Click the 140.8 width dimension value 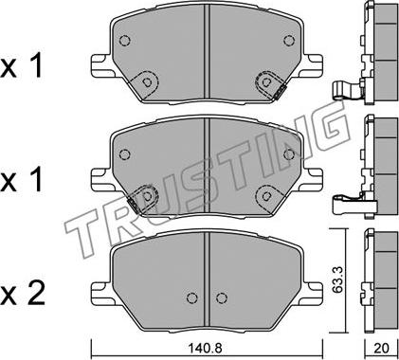[x=206, y=348]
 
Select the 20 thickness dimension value [x=381, y=349]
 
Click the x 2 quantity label [x=22, y=295]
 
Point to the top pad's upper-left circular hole [x=125, y=41]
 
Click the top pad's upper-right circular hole [x=289, y=41]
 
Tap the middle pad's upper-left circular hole [x=125, y=154]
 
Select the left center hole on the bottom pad [x=192, y=297]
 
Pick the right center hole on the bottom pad [x=222, y=297]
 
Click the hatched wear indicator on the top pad [x=280, y=92]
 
